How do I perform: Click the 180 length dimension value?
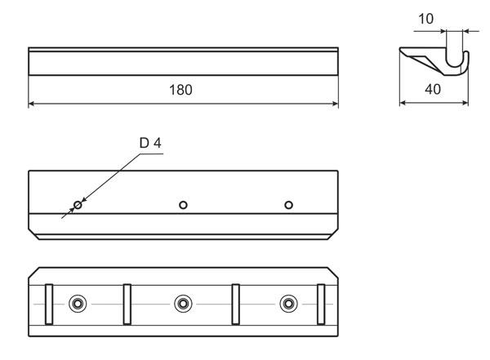180,90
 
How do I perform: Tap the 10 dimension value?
425,19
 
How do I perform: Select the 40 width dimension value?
433,89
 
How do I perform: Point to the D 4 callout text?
150,143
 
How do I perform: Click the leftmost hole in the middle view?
78,205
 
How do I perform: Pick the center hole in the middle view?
183,205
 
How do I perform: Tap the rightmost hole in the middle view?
289,205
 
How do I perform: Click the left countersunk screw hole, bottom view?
78,304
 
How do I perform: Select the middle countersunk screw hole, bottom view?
183,304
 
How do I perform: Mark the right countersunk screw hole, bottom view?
288,304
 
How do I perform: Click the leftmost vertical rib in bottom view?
49,304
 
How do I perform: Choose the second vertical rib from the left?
127,304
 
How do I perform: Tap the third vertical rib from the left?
236,304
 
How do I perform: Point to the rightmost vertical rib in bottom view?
321,304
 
